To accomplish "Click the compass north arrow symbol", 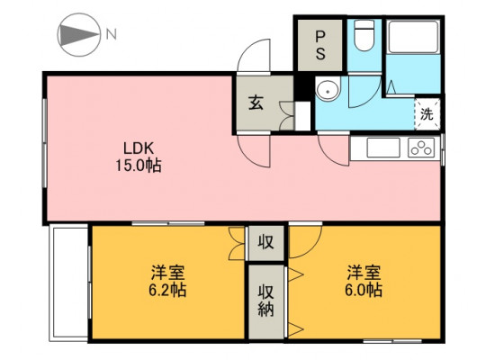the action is point(79,35).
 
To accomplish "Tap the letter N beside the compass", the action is point(112,34).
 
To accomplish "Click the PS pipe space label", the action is point(320,45).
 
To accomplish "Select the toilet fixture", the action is point(364,35).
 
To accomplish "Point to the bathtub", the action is point(413,37).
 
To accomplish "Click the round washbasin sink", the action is point(328,89).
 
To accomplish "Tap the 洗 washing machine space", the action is point(427,113).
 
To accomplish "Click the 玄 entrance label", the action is point(256,103).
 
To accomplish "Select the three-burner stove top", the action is point(421,148).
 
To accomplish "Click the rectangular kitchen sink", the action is point(383,148).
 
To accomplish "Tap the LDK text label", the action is point(139,148).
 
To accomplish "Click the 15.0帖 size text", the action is point(139,166).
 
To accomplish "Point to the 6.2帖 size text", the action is point(167,290).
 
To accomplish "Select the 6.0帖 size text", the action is point(364,290).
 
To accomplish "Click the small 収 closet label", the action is point(266,242).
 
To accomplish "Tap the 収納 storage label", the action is point(266,301).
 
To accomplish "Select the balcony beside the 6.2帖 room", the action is point(68,283).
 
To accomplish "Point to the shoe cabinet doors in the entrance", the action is point(286,115).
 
